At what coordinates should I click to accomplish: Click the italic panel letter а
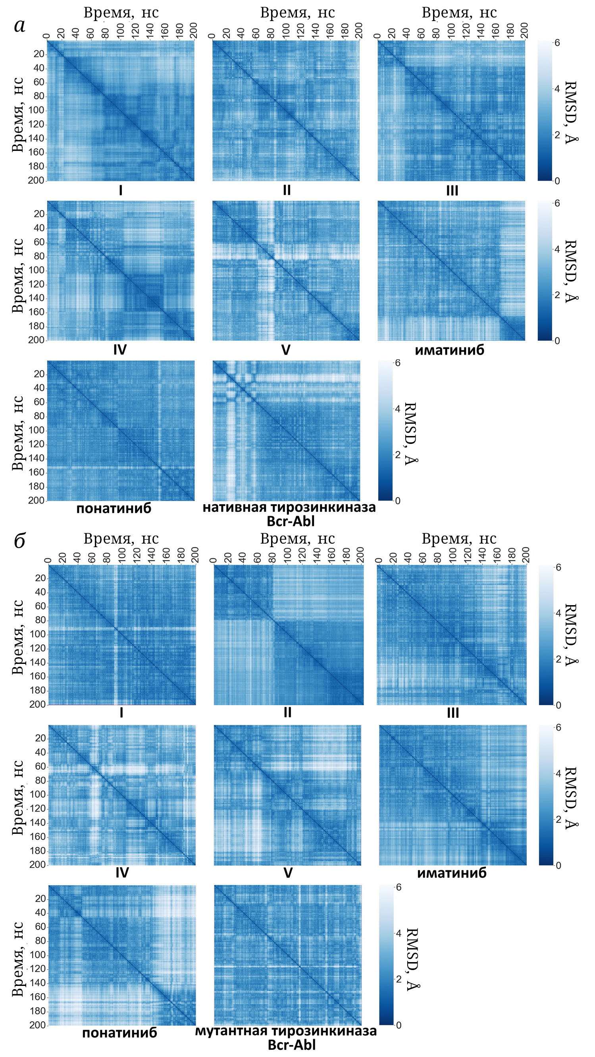pos(20,26)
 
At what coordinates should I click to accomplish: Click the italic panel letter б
pos(20,541)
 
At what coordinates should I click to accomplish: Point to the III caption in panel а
pos(451,191)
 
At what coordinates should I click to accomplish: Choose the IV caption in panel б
pos(122,872)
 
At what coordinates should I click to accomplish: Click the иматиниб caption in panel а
pos(449,350)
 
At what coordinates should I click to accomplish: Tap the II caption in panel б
pos(287,712)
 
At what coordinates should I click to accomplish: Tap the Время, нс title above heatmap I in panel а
pos(121,13)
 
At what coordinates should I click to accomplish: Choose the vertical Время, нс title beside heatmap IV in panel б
pos(17,798)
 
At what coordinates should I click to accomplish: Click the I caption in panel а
pos(121,191)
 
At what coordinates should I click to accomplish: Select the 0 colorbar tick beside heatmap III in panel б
pos(558,706)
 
